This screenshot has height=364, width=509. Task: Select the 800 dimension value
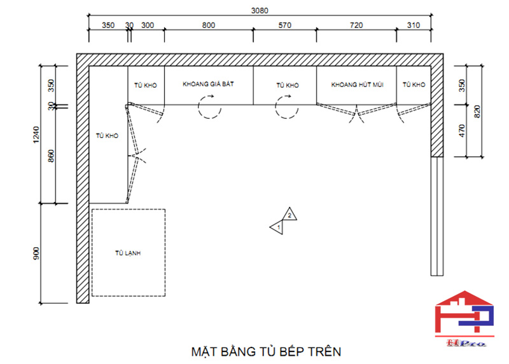208,26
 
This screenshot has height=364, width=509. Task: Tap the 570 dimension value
284,26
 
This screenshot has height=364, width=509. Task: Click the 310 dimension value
414,26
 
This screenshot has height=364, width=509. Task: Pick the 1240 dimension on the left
36,133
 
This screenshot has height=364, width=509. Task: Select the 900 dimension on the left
36,253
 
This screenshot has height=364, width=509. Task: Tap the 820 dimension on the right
478,111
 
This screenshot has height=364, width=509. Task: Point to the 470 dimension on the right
463,131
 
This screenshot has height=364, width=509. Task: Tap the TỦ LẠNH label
127,253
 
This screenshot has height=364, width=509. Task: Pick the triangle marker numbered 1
277,226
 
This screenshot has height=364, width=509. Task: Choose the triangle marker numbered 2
289,215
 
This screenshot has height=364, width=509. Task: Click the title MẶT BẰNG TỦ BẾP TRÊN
266,351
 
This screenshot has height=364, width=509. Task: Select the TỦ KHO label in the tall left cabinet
107,135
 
